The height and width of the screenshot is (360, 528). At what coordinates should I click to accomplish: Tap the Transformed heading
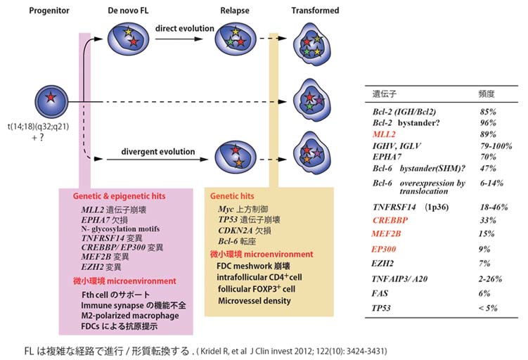click(x=315, y=11)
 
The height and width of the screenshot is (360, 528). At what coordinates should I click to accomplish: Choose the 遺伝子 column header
click(x=384, y=93)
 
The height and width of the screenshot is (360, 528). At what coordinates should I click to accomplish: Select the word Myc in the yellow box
click(x=226, y=209)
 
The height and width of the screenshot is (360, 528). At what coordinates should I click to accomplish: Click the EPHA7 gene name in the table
click(x=387, y=157)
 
